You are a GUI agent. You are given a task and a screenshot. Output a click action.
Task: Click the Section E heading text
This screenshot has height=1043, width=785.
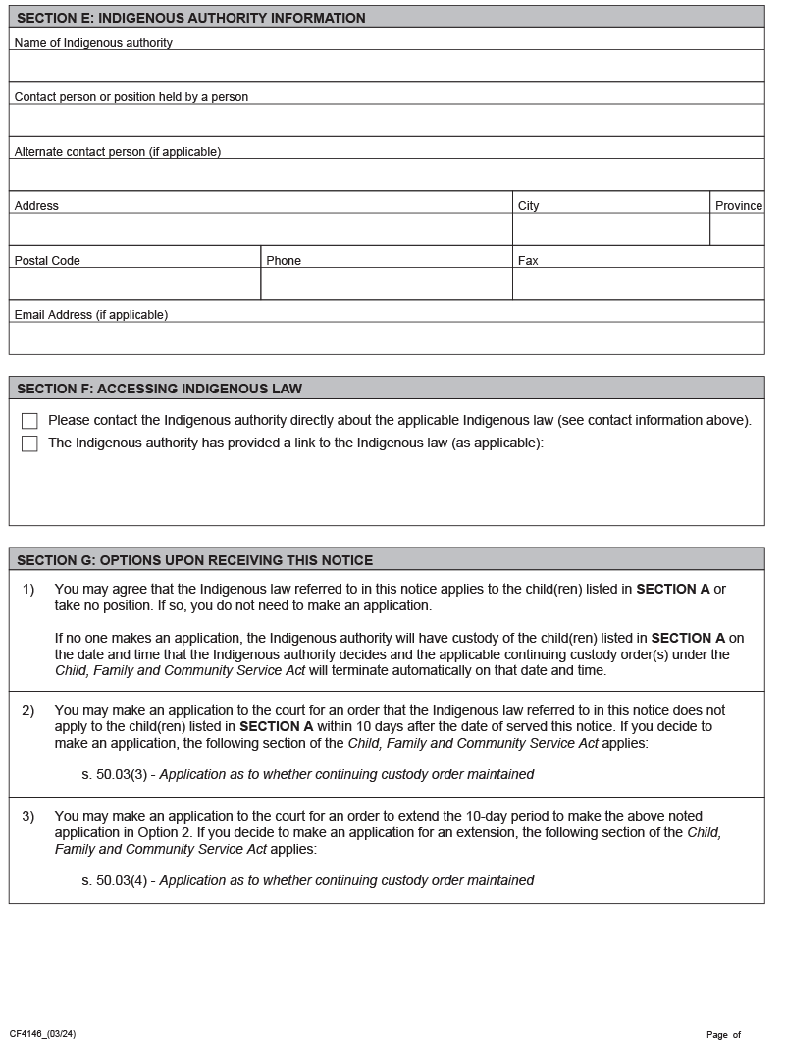pos(191,18)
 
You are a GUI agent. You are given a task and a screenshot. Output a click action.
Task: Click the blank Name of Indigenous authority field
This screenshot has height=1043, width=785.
pos(386,66)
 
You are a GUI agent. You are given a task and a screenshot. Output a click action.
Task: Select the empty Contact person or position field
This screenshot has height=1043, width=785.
pos(386,121)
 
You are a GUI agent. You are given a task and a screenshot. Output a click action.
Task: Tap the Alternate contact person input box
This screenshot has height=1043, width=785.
pos(386,175)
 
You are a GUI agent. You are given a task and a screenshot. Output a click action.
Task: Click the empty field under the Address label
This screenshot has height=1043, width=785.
pos(260,230)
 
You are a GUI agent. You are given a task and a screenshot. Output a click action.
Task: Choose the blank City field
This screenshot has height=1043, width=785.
pos(610,230)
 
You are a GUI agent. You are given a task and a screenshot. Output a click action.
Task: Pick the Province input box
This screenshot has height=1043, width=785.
pos(737,230)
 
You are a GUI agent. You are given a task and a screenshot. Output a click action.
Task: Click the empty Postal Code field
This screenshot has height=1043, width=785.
pos(134,284)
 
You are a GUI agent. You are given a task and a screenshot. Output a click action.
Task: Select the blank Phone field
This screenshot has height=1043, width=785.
pos(386,284)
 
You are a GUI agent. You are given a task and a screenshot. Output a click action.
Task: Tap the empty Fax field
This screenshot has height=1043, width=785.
pos(638,284)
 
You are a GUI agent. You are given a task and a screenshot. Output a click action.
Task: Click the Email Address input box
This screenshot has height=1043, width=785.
pos(386,339)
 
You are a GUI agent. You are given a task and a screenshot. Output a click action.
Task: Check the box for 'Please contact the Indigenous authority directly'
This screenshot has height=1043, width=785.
pos(29,421)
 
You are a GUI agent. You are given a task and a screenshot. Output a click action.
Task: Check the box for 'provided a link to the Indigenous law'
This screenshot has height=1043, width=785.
pos(29,443)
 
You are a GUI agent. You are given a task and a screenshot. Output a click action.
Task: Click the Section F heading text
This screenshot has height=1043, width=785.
pos(160,389)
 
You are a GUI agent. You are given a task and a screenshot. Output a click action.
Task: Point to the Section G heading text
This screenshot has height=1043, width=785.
pos(195,560)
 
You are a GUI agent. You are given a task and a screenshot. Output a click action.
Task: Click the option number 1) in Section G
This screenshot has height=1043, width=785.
pos(28,589)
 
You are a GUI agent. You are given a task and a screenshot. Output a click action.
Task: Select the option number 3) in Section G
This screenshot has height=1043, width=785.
pos(28,816)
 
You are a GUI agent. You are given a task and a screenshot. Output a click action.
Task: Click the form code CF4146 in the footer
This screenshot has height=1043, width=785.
pos(42,1034)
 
